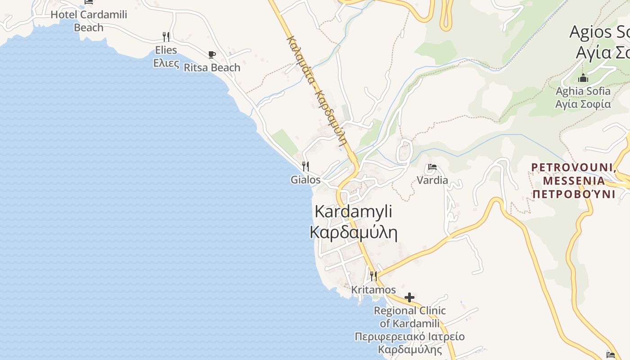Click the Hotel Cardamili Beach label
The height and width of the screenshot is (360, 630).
pos(89,21)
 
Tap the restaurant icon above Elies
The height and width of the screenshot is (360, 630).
pos(166,36)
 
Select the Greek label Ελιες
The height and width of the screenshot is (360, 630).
pos(166,63)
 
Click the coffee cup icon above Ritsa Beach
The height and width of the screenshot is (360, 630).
pos(212,54)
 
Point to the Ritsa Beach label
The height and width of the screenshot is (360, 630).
pos(212,67)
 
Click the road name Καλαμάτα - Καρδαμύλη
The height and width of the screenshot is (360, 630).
pos(317,90)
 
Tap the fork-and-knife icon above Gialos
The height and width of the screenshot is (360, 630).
pos(306,166)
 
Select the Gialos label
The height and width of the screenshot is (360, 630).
pos(306,180)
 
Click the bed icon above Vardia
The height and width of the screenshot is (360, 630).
pos(432,167)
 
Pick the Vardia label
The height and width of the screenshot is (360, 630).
pos(432,180)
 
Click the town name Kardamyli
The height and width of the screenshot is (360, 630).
pos(353,211)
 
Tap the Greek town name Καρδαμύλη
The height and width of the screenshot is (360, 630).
pos(353,232)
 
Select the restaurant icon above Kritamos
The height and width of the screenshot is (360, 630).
pos(373,275)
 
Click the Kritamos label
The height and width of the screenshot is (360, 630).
pos(373,290)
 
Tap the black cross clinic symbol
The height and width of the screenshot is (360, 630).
pos(409,297)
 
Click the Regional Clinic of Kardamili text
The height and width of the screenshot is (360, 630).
pos(409,317)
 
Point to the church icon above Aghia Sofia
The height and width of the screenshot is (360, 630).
pos(583,78)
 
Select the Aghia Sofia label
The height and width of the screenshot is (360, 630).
pos(583,91)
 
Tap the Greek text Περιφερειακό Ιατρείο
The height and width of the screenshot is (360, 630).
pos(409,337)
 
